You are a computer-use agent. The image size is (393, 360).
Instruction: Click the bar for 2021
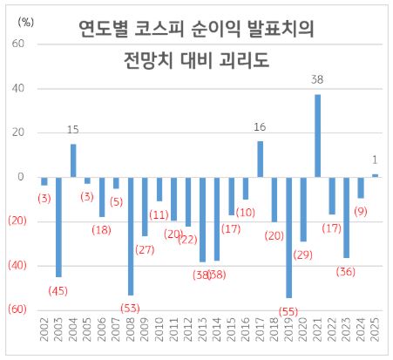pos(318,135)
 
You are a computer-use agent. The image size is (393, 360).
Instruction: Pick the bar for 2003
pos(58,227)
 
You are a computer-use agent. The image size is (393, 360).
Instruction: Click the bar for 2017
pos(260,159)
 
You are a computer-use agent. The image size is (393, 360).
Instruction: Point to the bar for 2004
pos(73,160)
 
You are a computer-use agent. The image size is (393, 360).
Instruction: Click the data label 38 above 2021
pos(318,80)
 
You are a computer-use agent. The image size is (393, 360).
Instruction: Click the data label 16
pos(260,128)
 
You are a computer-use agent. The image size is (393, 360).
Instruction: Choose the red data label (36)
pos(347,271)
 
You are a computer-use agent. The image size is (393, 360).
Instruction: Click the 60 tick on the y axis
pos(18,44)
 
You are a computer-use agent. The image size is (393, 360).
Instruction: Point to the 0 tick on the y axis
pos(21,177)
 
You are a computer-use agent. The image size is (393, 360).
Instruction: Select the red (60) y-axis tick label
pos(16,309)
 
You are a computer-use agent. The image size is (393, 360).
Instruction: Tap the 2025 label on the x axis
pos(376,335)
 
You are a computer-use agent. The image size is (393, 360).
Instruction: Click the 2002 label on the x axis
pos(44,335)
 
